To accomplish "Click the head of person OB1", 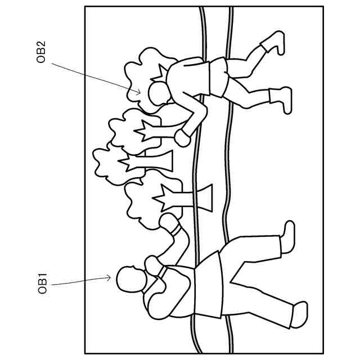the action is pyautogui.click(x=130, y=279).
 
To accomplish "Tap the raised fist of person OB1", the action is pyautogui.click(x=168, y=222).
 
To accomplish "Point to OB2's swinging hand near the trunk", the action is pyautogui.click(x=182, y=137).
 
